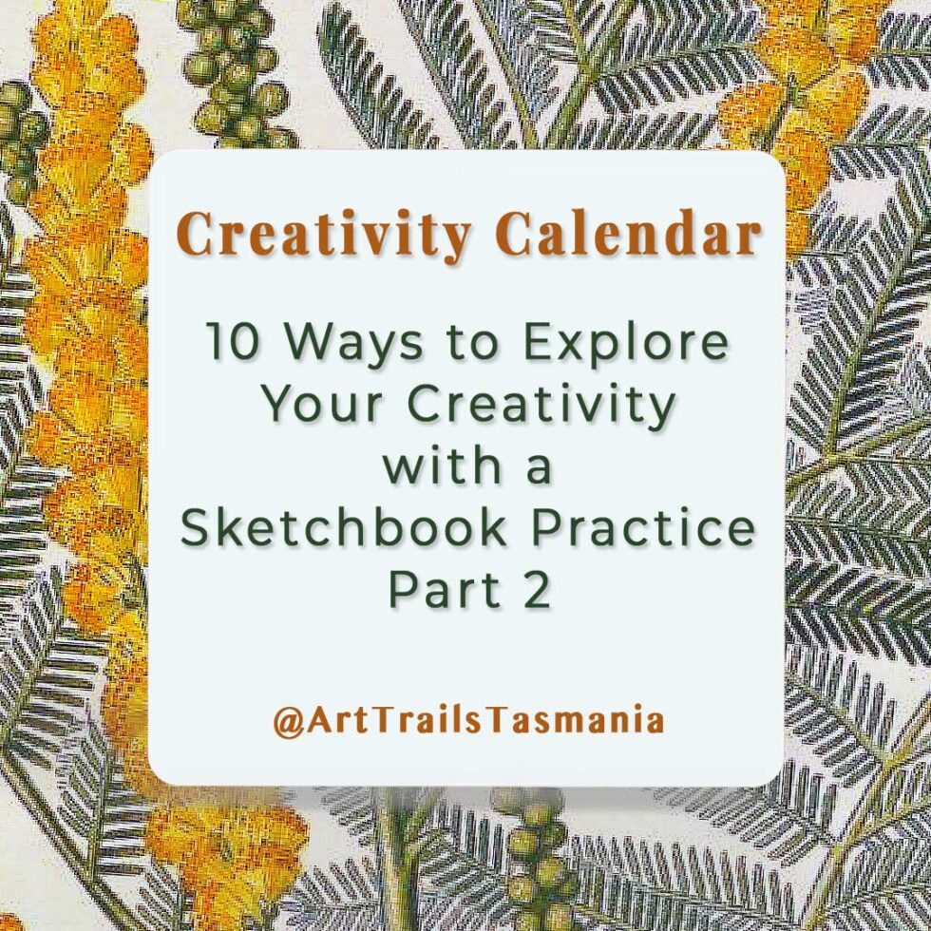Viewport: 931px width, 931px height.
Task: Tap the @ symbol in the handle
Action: [x=288, y=721]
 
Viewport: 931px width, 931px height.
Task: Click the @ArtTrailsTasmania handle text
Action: [x=467, y=720]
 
